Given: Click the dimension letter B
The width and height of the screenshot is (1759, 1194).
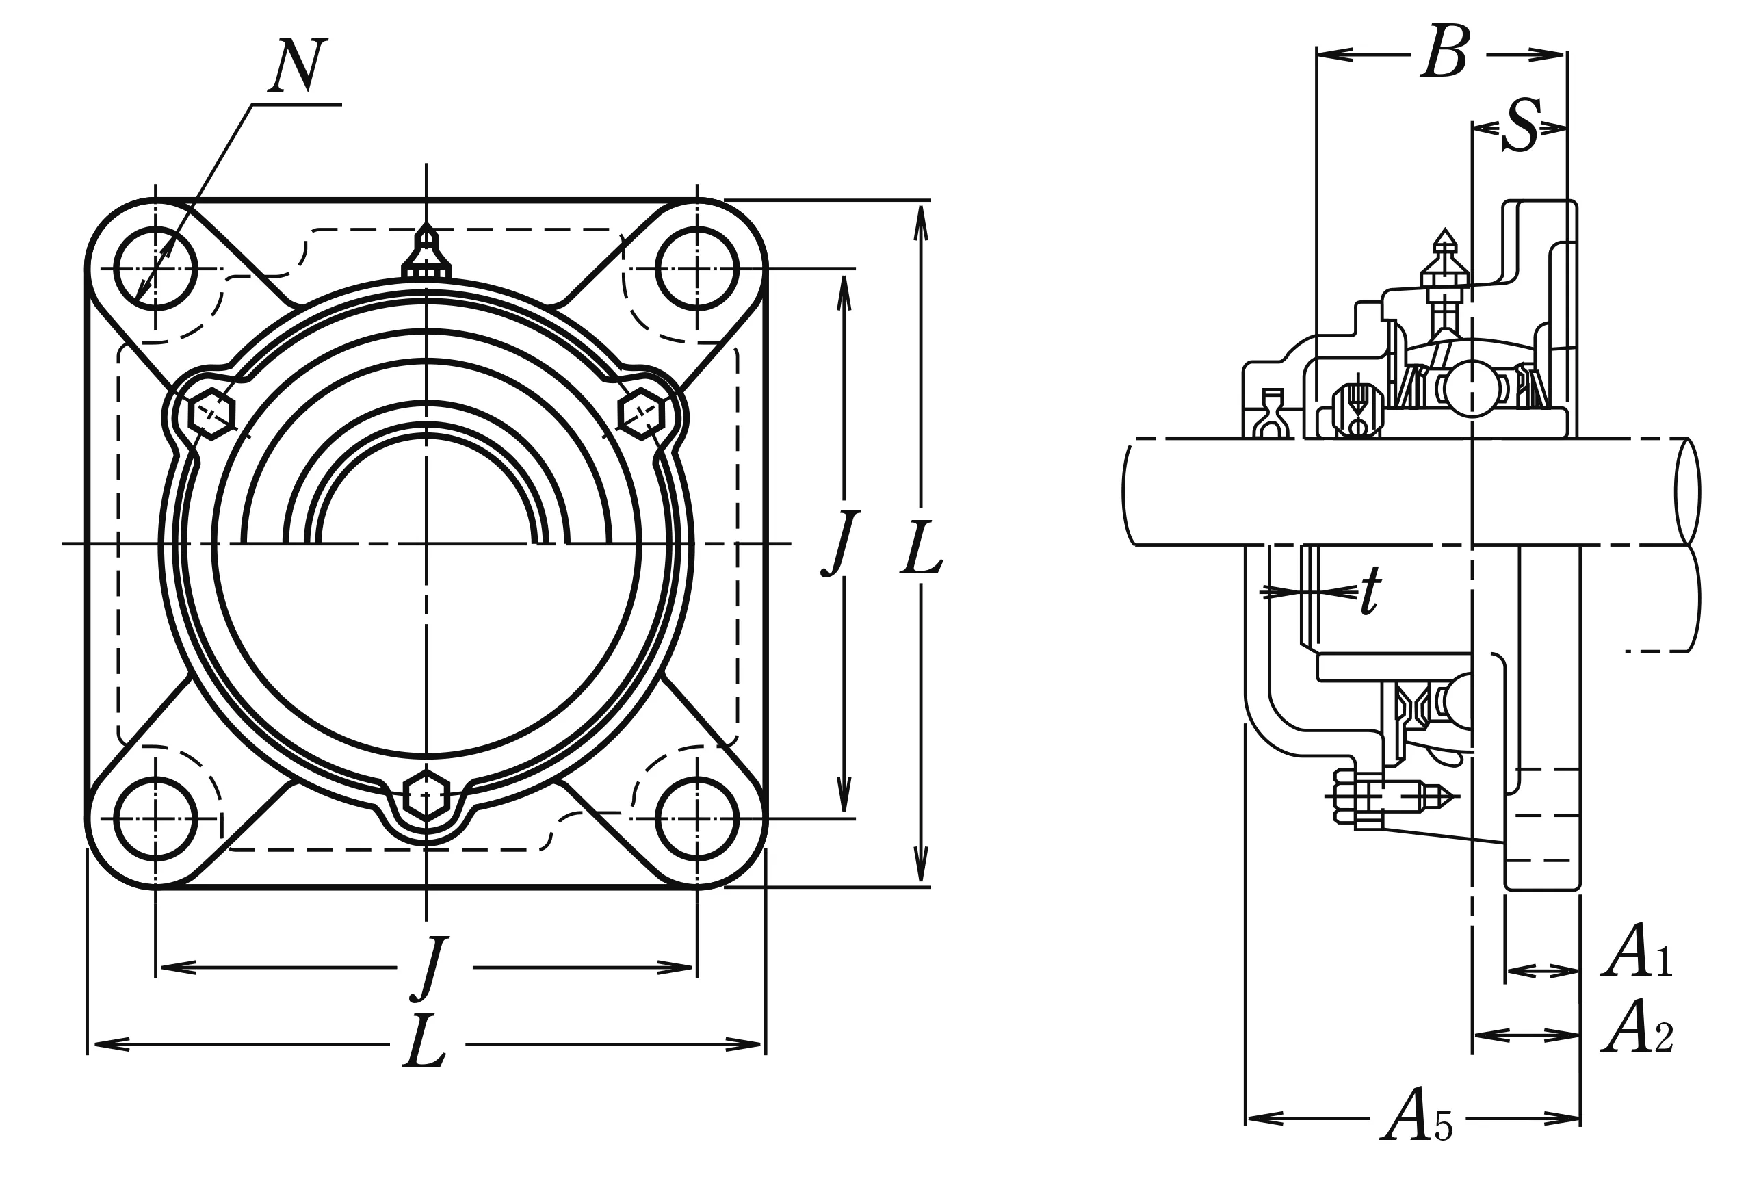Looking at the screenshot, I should [1445, 52].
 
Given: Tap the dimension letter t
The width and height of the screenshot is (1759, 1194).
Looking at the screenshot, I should [1370, 590].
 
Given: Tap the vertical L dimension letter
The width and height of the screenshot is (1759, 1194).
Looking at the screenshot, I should [921, 547].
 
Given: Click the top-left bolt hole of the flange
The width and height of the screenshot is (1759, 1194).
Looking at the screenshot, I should [156, 269].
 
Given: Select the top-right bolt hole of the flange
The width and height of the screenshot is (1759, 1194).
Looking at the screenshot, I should [697, 269].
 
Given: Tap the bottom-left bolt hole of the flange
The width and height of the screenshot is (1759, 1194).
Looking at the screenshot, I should [156, 818].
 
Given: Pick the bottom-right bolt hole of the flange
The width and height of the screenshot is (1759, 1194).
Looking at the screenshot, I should [697, 818].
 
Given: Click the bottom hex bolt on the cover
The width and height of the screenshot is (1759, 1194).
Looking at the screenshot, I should [426, 795].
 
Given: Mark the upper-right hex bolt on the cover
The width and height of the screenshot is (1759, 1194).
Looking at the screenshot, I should [641, 413].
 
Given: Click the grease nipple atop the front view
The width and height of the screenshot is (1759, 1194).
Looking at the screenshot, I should [427, 254].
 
